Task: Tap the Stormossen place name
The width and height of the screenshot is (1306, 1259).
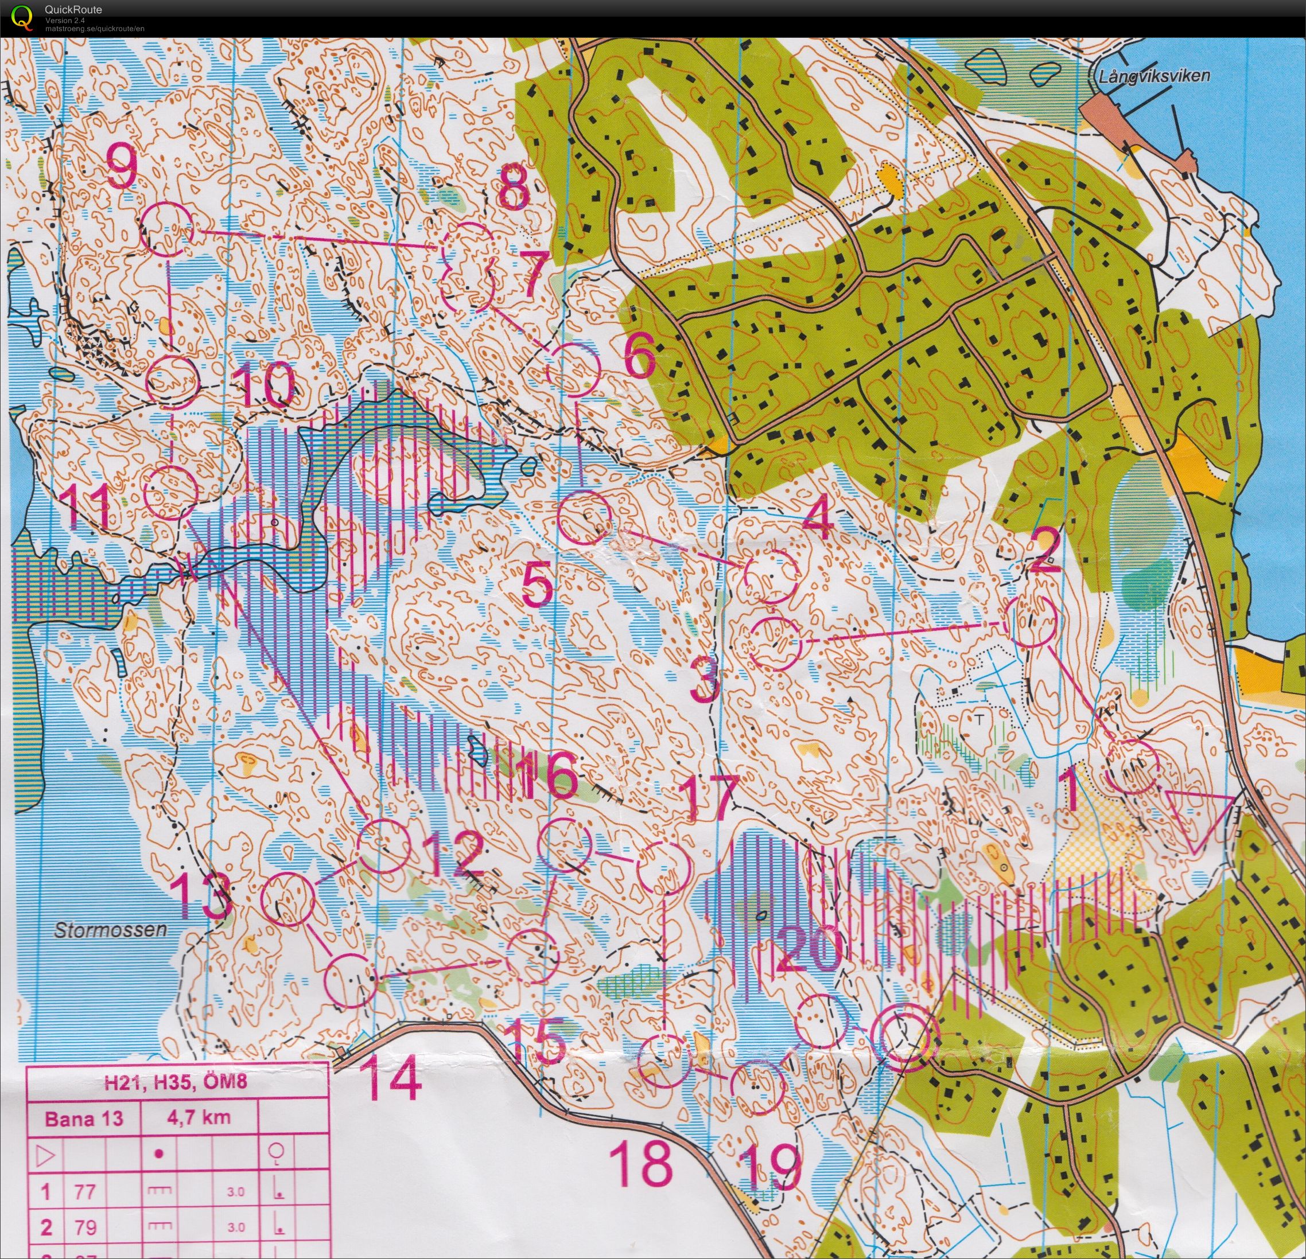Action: coord(111,929)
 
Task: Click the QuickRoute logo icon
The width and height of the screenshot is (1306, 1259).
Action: coord(22,17)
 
